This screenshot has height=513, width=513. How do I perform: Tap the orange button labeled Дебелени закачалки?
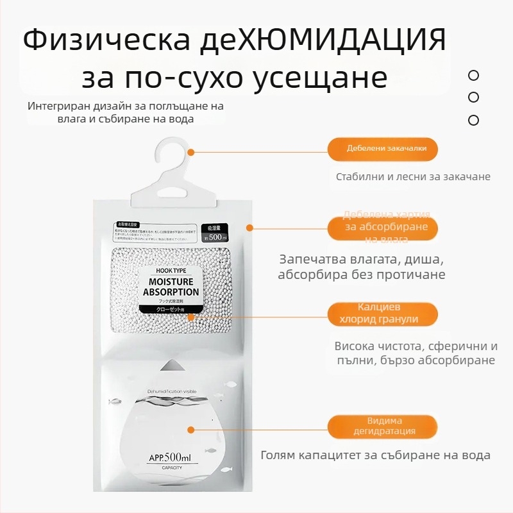coord(383,149)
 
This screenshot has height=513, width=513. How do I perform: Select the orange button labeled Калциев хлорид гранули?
coord(383,314)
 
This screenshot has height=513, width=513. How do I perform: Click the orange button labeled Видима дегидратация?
coord(383,426)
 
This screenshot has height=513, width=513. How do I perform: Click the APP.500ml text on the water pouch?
coord(170,457)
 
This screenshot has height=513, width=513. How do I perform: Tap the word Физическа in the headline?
coord(106,40)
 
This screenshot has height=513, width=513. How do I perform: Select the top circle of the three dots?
coord(474,76)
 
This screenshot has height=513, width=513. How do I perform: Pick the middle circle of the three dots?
coord(474,97)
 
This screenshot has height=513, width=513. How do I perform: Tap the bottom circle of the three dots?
coord(474,120)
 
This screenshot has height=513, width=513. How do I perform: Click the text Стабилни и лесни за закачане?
coord(413,176)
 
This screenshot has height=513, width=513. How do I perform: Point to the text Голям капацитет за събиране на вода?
coord(376,455)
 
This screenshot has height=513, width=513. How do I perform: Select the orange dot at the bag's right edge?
coord(250,227)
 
